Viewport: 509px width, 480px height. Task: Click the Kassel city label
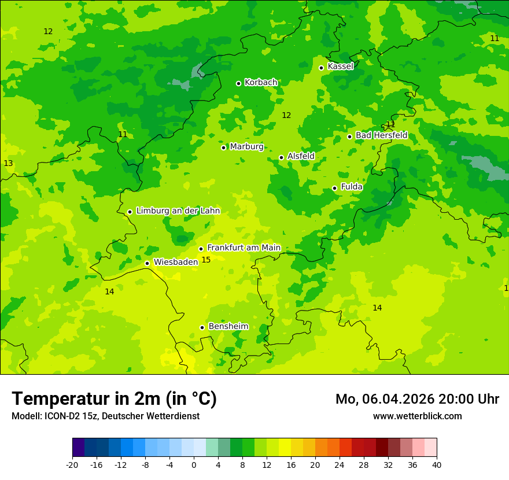[x=340, y=67]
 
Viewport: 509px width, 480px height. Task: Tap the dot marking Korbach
[x=238, y=83]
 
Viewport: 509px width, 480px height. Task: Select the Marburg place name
[x=246, y=147]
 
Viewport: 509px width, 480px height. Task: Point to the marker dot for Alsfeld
[x=281, y=157]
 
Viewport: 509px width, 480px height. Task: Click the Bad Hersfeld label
[x=381, y=135]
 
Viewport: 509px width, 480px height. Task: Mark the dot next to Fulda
[x=334, y=188]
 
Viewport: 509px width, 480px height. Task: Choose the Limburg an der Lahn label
[x=178, y=211]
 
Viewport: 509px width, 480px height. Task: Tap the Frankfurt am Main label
[x=244, y=248]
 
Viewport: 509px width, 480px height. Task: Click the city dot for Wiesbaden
[x=147, y=264]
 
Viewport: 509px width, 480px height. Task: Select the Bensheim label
[x=228, y=326]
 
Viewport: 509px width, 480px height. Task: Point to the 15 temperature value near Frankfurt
[x=206, y=260]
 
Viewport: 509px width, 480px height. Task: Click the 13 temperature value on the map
[x=8, y=164]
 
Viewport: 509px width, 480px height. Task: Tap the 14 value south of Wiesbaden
[x=109, y=292]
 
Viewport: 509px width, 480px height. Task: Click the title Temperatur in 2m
[x=114, y=399]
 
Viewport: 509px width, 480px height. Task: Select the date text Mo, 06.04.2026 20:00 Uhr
[x=417, y=399]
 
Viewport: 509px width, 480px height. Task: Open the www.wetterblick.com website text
[x=417, y=416]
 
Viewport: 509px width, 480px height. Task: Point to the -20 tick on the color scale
[x=72, y=465]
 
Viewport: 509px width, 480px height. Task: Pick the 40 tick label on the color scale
[x=436, y=465]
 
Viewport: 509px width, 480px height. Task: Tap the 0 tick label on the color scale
[x=194, y=465]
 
